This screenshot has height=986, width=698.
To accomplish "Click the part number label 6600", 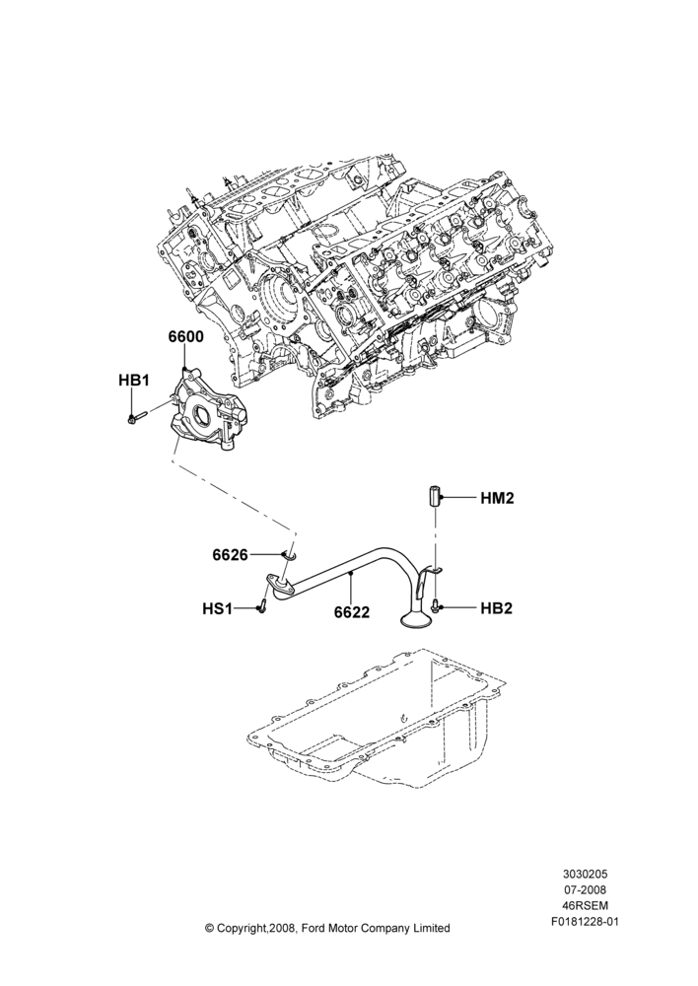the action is (x=185, y=337).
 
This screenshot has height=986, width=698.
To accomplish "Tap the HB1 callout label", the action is (x=133, y=380).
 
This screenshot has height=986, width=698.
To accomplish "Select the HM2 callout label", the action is (x=498, y=499).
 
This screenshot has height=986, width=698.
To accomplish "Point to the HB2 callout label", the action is (x=497, y=608).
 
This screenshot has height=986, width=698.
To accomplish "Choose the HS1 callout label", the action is (x=218, y=608).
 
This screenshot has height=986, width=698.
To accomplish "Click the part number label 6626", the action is (x=231, y=554).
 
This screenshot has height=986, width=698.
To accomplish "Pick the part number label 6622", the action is (x=352, y=611).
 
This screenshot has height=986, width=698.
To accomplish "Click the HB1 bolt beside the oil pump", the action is (x=137, y=416).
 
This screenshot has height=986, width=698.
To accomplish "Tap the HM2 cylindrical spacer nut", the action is (x=435, y=497).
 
